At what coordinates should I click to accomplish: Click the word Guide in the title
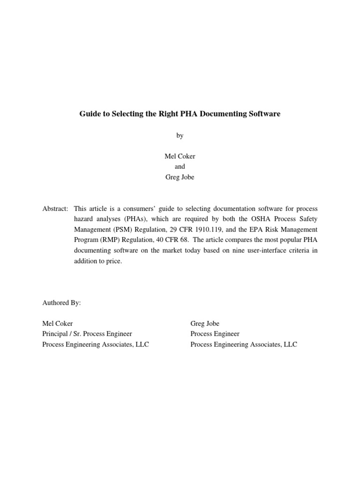point(89,114)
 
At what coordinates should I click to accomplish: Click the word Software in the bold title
point(264,114)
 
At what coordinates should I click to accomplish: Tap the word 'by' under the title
point(180,135)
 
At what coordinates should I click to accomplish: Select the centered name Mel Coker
point(180,157)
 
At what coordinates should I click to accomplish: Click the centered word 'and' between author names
point(180,167)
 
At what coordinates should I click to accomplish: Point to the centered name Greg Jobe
point(180,177)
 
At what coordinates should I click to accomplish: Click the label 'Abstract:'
point(55,208)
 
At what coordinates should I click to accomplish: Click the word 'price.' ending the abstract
point(112,261)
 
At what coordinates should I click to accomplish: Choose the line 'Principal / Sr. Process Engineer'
point(87,334)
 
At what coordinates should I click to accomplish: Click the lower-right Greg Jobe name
point(205,323)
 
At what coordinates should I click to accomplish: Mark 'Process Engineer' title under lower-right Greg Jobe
point(215,334)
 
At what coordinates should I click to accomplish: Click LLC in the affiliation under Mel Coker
point(142,345)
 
